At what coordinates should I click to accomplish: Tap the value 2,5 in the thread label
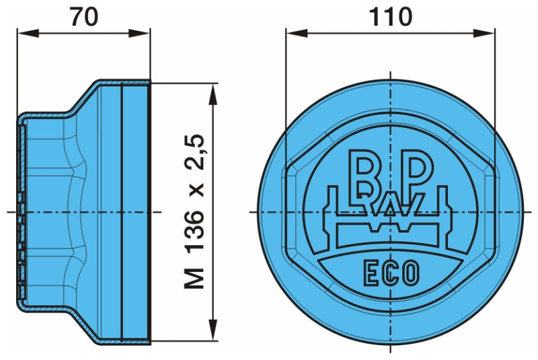195,151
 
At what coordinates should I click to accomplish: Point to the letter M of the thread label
195,278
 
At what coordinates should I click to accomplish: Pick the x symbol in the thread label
196,190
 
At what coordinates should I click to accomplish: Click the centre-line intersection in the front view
390,212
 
